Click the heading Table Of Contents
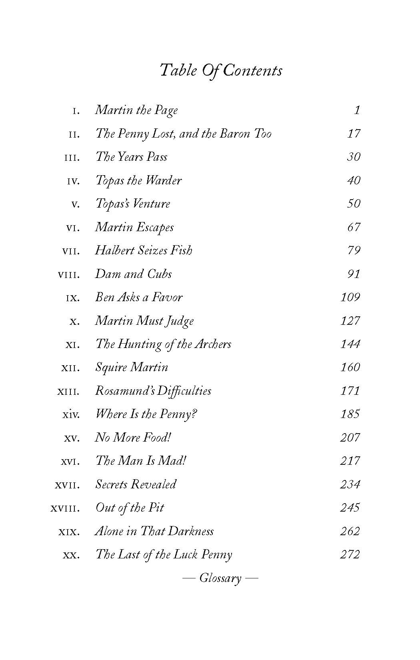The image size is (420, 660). click(221, 70)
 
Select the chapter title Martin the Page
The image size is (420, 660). click(136, 110)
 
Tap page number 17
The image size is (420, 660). click(354, 133)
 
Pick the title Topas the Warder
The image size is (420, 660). click(138, 180)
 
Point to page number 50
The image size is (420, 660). click(354, 204)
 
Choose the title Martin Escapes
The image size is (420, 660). click(134, 227)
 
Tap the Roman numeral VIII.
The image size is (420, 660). click(69, 275)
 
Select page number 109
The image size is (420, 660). click(350, 297)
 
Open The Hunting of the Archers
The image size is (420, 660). click(163, 344)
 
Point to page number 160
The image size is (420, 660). click(350, 367)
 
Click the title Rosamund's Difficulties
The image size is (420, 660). click(153, 391)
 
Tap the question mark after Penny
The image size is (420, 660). click(194, 414)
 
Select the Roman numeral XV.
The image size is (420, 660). click(72, 438)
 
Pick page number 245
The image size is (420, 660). click(350, 508)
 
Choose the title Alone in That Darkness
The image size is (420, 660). click(154, 531)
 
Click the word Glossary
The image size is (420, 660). click(220, 578)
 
